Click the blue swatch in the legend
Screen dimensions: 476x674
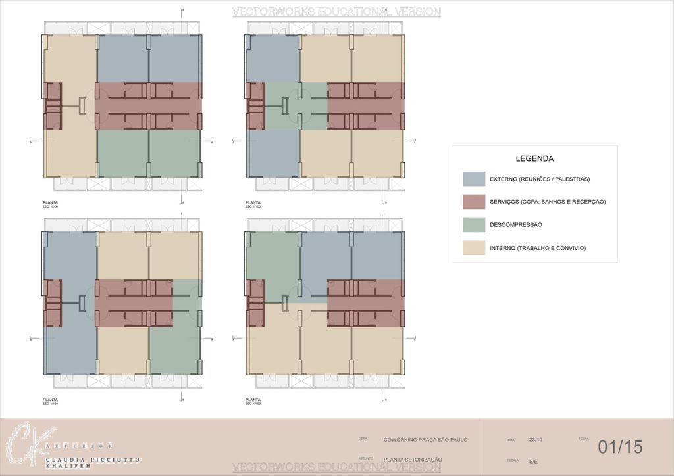(x=474, y=179)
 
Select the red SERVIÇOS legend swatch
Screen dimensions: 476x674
(x=474, y=201)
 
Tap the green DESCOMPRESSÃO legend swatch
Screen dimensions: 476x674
(x=474, y=224)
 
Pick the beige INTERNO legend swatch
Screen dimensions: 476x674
(x=474, y=247)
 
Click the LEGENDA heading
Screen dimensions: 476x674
(x=534, y=158)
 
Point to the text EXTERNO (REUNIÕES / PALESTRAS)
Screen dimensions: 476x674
(x=540, y=179)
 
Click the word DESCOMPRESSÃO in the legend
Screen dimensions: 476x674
(x=516, y=224)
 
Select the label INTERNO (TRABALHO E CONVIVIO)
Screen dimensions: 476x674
(x=538, y=248)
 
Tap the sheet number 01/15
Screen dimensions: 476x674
(x=619, y=447)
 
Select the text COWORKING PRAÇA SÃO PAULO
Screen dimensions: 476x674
(x=425, y=439)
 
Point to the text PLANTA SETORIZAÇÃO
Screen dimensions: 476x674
(x=413, y=459)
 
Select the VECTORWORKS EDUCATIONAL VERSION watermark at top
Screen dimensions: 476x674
(x=336, y=12)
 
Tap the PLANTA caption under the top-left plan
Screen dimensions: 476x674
(x=50, y=202)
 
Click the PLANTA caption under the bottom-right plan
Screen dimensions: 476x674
(x=253, y=399)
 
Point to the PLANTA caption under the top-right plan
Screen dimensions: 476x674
(x=253, y=202)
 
